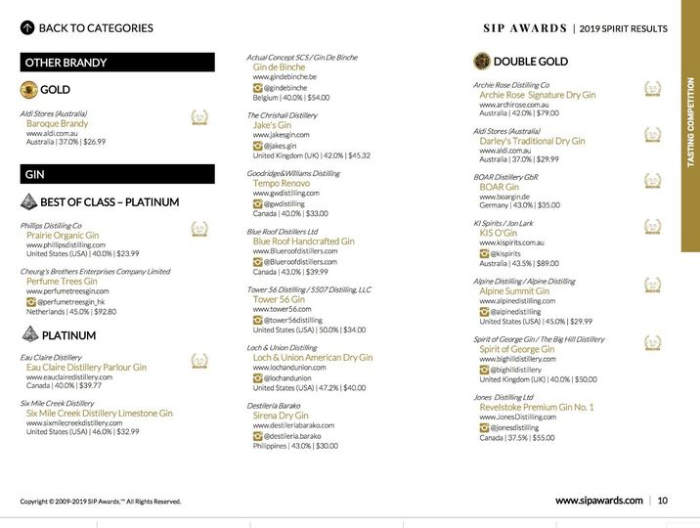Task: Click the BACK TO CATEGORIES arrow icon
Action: pyautogui.click(x=27, y=28)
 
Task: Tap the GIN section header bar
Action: pyautogui.click(x=117, y=175)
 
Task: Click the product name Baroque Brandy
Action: pyautogui.click(x=57, y=124)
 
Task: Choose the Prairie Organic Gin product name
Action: pyautogui.click(x=63, y=236)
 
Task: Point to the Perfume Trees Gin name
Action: pyautogui.click(x=62, y=282)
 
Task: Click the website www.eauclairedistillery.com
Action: pyautogui.click(x=69, y=376)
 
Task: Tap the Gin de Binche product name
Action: pyautogui.click(x=279, y=67)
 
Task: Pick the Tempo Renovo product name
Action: pyautogui.click(x=282, y=183)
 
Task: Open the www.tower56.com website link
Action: pyautogui.click(x=282, y=309)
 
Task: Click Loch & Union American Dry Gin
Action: pyautogui.click(x=313, y=358)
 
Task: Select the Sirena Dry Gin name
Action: pyautogui.click(x=281, y=416)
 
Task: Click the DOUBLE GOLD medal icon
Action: pyautogui.click(x=481, y=62)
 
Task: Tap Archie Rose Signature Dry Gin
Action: pyautogui.click(x=537, y=95)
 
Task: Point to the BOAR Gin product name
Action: pyautogui.click(x=499, y=187)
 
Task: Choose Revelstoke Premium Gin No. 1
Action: pyautogui.click(x=537, y=407)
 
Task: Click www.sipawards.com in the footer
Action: pyautogui.click(x=598, y=501)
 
